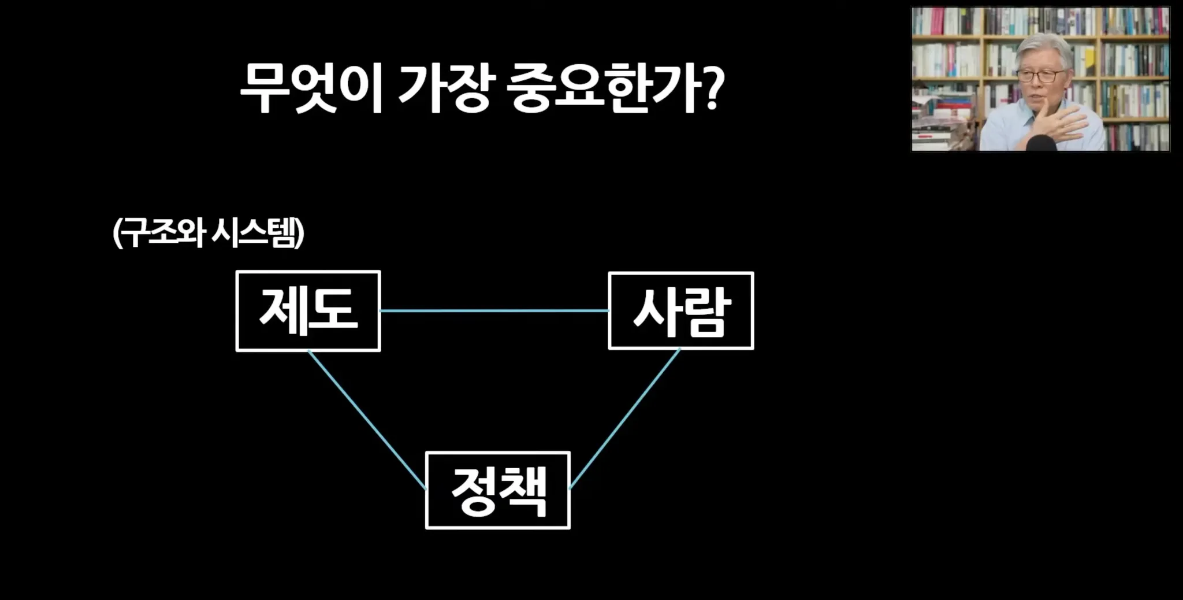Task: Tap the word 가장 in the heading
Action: tap(444, 88)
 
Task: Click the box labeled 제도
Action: tap(308, 311)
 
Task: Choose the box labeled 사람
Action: tap(681, 311)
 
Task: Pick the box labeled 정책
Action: tap(497, 490)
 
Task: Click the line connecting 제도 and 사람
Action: tap(494, 311)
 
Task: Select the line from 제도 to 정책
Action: tap(367, 419)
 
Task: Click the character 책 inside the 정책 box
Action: tap(522, 491)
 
